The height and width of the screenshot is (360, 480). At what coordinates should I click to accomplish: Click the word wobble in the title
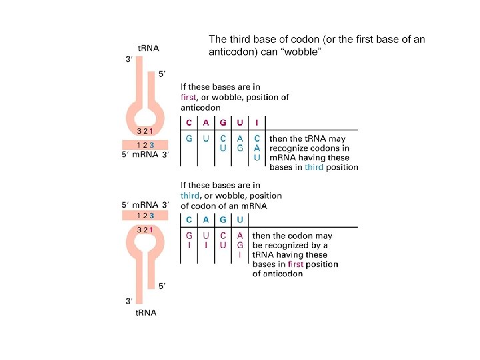304,52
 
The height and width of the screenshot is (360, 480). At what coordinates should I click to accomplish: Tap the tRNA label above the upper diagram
148,48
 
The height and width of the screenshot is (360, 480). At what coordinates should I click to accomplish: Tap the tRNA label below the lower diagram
146,313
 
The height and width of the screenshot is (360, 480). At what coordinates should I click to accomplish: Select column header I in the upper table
257,122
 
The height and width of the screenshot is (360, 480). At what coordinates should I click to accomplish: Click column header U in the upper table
239,122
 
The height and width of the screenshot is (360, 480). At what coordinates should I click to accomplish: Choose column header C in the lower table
189,219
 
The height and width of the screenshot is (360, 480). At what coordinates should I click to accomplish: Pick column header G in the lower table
223,219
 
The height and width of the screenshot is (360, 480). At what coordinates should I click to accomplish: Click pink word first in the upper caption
189,97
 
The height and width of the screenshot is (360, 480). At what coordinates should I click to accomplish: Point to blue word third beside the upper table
313,167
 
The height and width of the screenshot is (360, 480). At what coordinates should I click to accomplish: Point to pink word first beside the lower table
295,265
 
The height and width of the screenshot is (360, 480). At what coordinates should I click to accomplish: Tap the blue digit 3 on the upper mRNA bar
152,145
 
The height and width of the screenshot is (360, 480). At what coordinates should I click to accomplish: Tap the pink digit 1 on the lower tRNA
151,229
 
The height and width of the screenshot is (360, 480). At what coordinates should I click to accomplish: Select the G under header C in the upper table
189,139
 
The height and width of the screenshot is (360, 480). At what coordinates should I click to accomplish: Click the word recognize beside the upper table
291,148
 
